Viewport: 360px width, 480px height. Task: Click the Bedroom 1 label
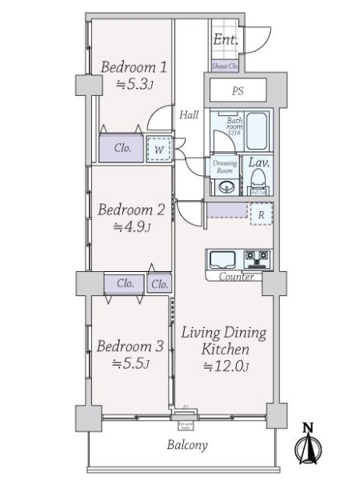coord(134,67)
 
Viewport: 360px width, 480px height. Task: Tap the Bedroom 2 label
coord(131,210)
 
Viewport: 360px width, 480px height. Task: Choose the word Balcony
coord(188,446)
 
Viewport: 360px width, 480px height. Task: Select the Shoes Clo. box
coord(226,66)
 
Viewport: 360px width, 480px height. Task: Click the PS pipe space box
coord(238,91)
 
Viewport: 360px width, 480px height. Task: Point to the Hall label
coord(189,115)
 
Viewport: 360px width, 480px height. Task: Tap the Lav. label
coord(258,163)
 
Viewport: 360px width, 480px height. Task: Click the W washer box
coord(159,150)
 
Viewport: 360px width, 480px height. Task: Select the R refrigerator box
coord(261,214)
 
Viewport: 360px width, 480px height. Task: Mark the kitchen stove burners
coord(258,258)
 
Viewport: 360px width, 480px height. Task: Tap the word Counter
coord(237,277)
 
